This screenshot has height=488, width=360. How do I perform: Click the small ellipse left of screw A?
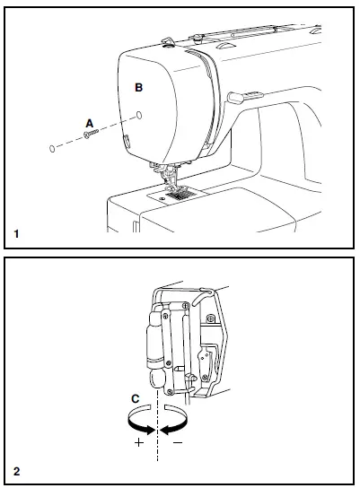pyautogui.click(x=55, y=148)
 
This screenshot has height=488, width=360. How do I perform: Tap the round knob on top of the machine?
pyautogui.click(x=167, y=40)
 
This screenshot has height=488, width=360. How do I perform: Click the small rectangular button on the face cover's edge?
pyautogui.click(x=127, y=140)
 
